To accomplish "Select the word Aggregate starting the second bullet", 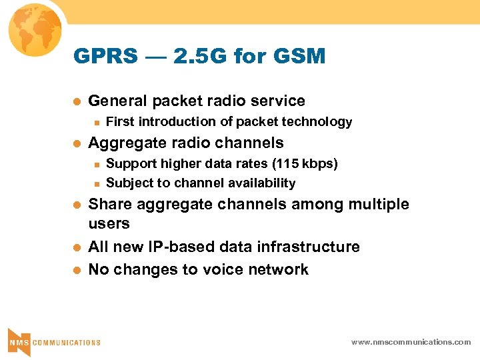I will tap(123, 143).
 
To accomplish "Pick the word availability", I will tap(261, 183).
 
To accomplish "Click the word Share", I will tap(108, 205).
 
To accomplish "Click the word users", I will tap(109, 223).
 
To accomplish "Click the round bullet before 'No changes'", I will tap(77, 270).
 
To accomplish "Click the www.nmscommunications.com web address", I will tap(411, 342).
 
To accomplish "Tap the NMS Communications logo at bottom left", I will tap(53, 341).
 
